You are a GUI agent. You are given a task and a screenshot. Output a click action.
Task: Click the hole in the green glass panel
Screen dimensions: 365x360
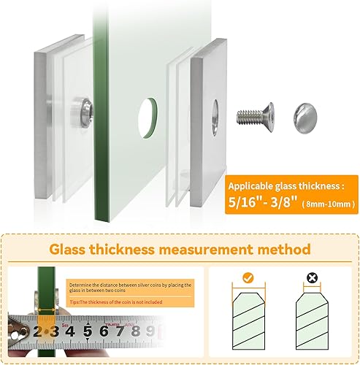point(149,113)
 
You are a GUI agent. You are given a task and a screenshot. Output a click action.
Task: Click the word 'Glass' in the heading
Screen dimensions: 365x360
point(72,248)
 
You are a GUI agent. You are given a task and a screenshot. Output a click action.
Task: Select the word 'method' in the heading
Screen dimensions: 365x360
point(283,248)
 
